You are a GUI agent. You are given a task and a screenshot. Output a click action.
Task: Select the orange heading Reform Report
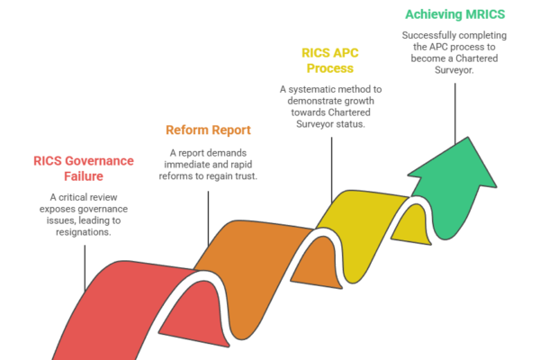(207, 129)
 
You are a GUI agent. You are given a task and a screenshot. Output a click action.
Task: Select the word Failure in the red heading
(85, 177)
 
